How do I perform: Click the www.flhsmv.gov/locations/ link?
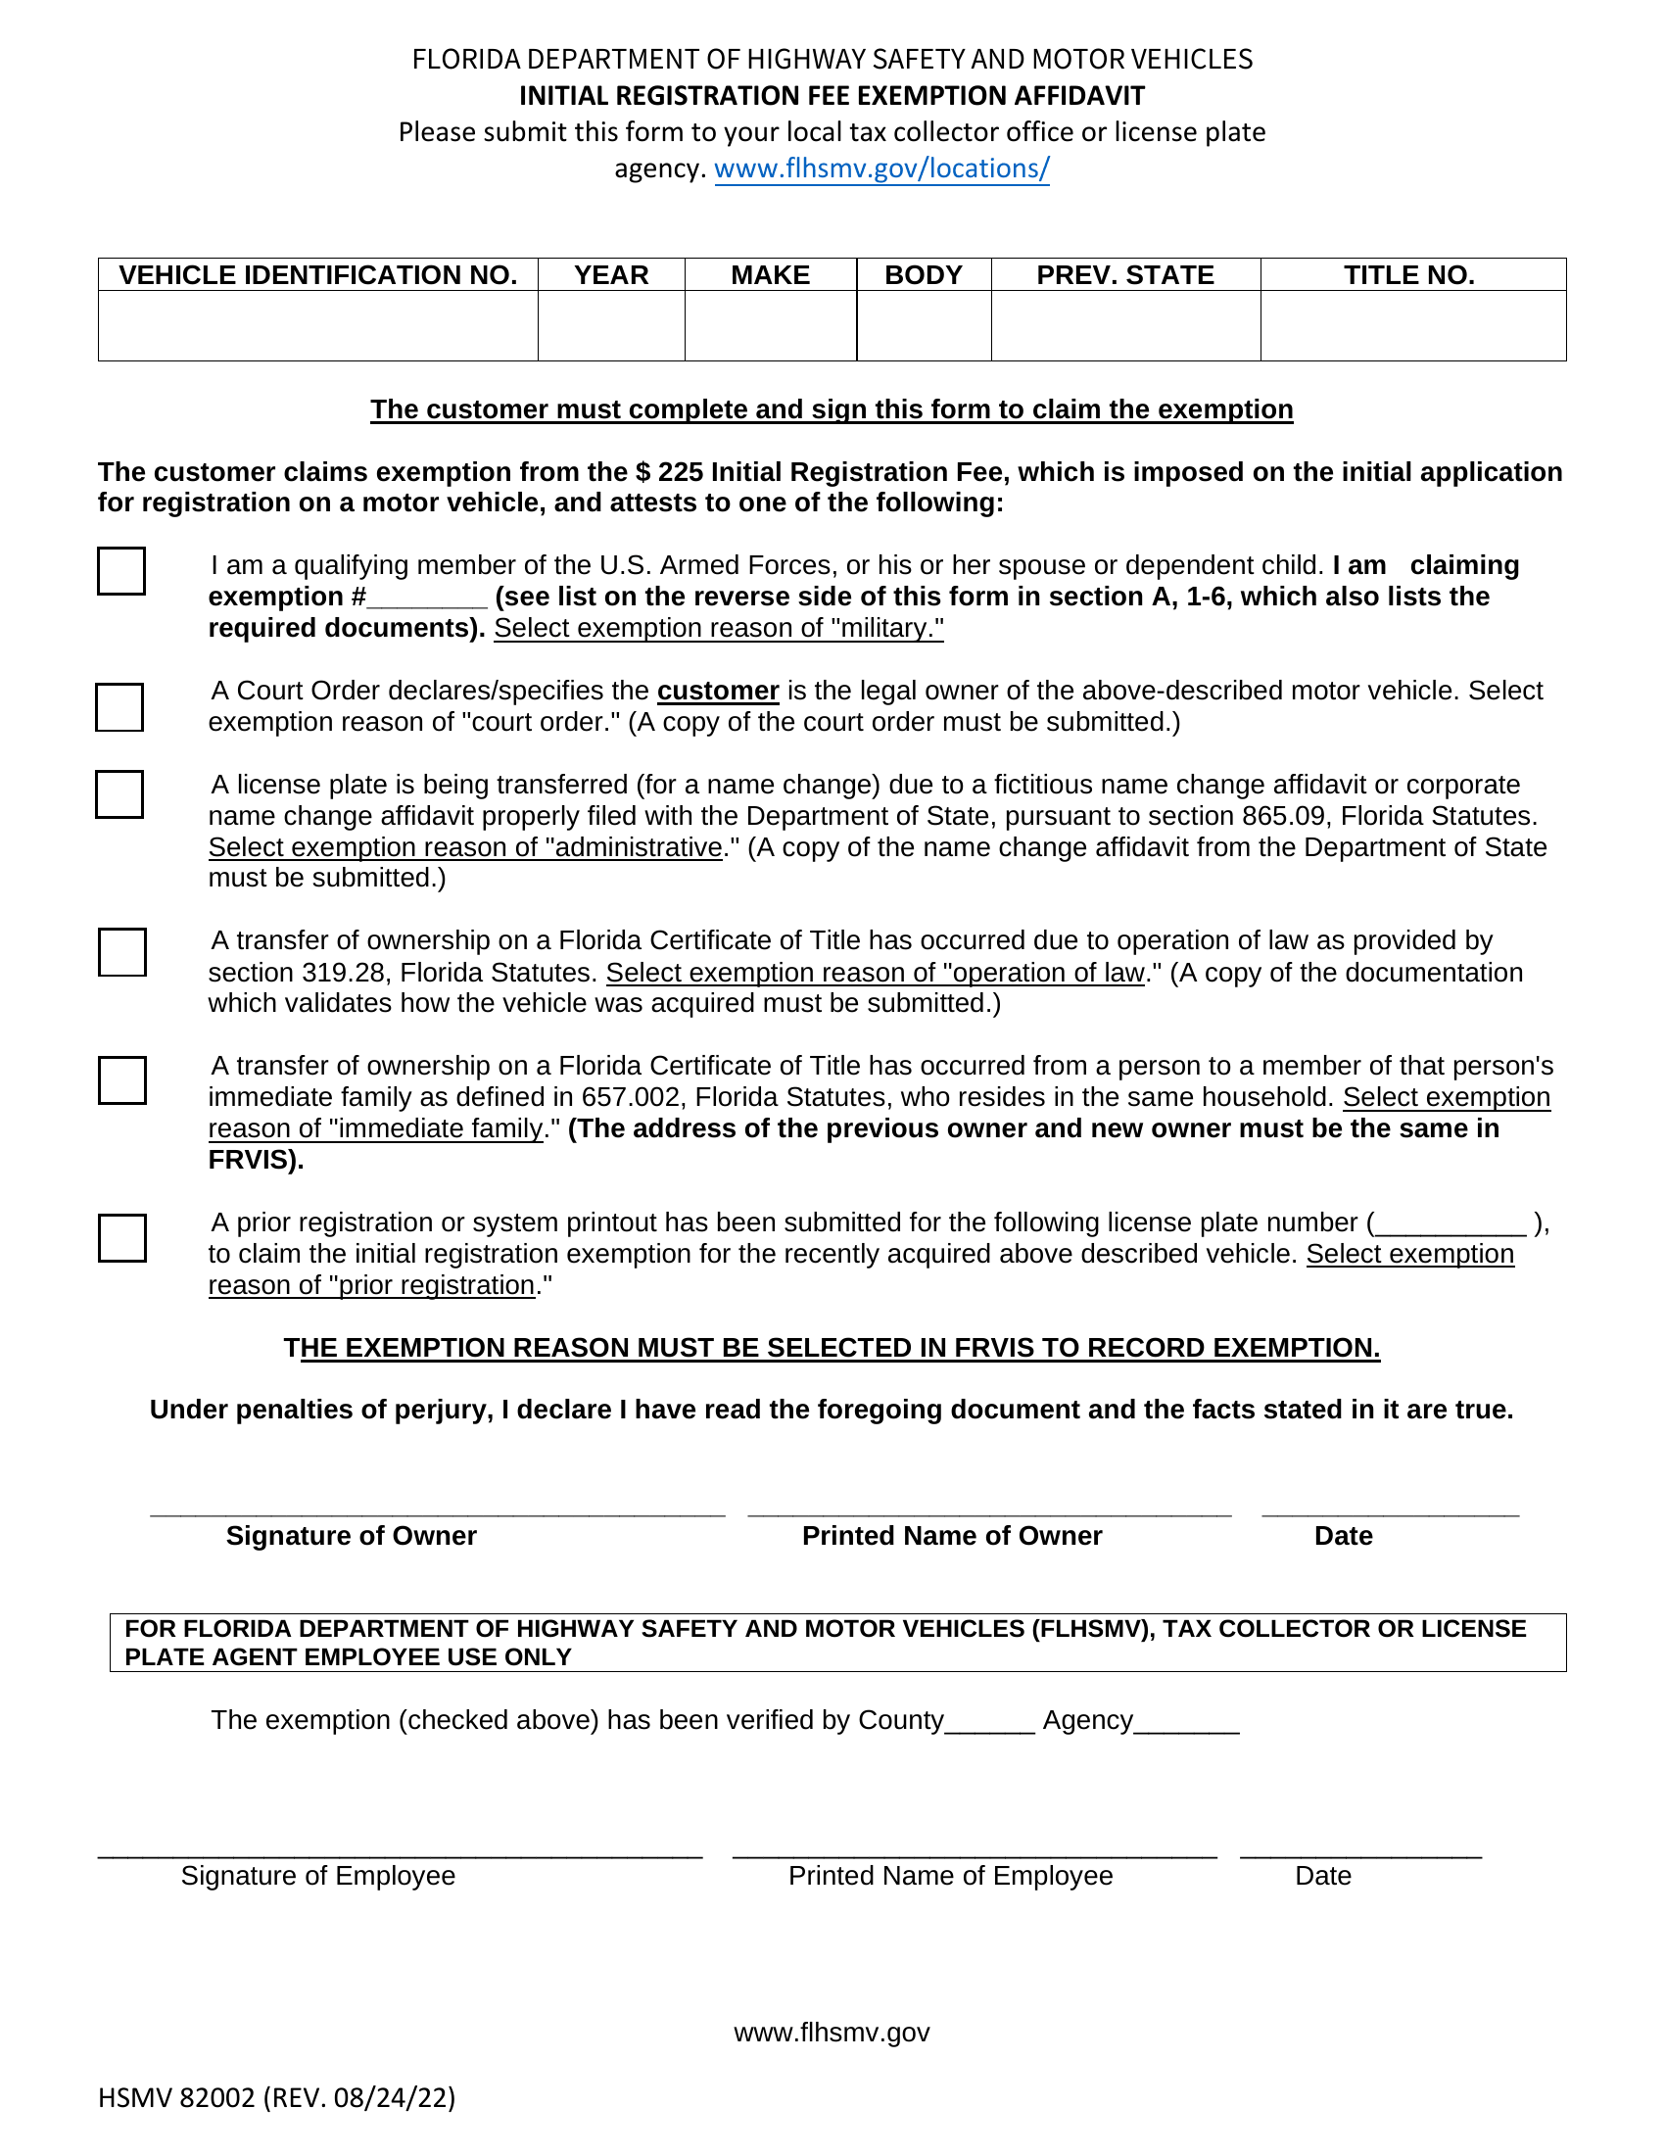point(880,168)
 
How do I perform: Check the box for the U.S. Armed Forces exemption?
point(121,571)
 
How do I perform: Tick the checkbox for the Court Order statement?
point(119,707)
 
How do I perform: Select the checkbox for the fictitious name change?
point(119,794)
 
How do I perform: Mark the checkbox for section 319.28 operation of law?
point(122,952)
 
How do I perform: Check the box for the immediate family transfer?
point(122,1080)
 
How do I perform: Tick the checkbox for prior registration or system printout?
point(122,1237)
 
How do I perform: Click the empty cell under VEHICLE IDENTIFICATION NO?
point(317,325)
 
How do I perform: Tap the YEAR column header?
point(611,275)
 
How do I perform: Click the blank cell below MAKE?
point(771,325)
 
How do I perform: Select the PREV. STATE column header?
point(1125,275)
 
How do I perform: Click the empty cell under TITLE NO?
point(1412,325)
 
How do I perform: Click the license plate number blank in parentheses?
point(1450,1225)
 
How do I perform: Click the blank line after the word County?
point(989,1724)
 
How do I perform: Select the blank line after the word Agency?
point(1187,1724)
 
